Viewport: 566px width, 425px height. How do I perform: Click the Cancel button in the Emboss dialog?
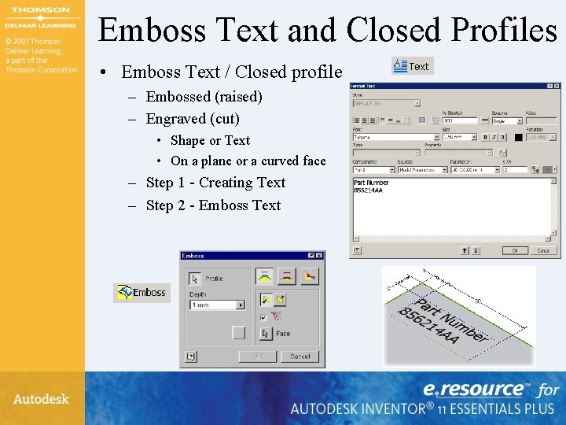(x=300, y=356)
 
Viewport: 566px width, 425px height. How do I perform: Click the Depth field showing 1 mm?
(x=212, y=305)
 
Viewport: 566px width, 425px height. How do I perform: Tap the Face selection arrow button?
(x=266, y=333)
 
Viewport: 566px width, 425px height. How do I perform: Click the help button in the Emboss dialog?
(x=189, y=356)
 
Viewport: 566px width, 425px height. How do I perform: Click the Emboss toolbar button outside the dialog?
(x=141, y=293)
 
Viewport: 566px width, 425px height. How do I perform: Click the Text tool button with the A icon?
(x=411, y=66)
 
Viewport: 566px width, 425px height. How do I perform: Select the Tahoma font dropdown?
(x=392, y=137)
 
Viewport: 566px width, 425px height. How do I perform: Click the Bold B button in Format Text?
(x=484, y=137)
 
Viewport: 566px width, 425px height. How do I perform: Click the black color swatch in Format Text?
(x=519, y=137)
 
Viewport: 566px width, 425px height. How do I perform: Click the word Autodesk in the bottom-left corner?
(x=41, y=399)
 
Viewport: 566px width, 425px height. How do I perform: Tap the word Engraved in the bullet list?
(x=176, y=119)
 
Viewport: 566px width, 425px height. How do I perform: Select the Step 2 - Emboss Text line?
(x=213, y=205)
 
